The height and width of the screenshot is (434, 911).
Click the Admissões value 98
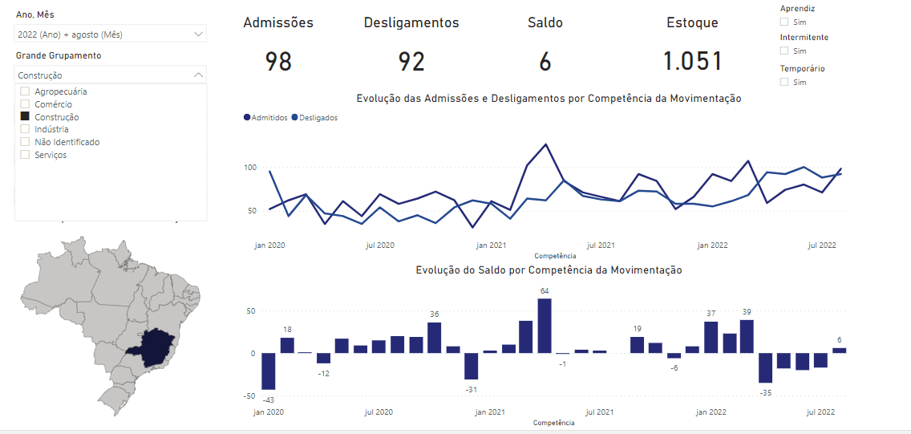point(278,62)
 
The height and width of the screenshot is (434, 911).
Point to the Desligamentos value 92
point(411,62)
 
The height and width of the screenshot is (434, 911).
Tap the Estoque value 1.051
point(692,62)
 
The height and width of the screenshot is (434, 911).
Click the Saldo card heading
point(545,22)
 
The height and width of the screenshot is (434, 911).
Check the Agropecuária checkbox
point(25,91)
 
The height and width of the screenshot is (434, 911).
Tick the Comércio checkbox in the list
point(25,104)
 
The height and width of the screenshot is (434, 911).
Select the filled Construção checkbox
point(25,117)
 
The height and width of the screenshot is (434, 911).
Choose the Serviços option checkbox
point(25,155)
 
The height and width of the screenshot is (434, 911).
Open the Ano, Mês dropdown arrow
point(198,34)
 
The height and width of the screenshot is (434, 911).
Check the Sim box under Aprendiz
point(784,22)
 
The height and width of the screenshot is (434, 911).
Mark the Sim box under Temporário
point(784,82)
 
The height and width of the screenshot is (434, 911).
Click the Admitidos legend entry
point(265,118)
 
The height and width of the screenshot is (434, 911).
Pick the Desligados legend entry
point(315,118)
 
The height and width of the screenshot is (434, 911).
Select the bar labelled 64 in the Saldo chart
point(545,326)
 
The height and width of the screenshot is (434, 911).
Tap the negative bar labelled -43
point(269,371)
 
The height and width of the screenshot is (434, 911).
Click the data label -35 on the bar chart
point(765,393)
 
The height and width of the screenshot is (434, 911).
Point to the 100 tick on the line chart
point(249,168)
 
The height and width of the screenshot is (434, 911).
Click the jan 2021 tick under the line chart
point(490,245)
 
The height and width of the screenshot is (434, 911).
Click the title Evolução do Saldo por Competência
point(549,270)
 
